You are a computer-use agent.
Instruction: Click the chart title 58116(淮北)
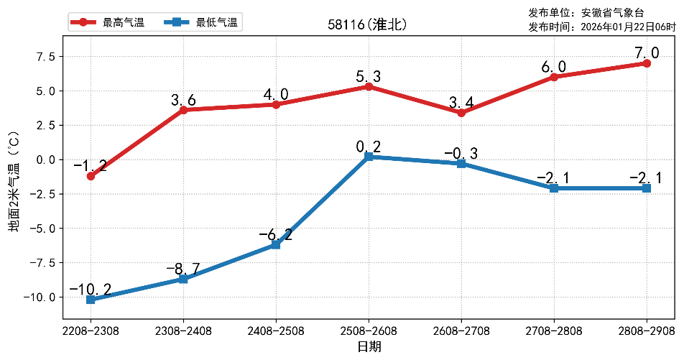pyautogui.click(x=368, y=24)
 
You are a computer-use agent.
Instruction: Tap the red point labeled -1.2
pyautogui.click(x=91, y=176)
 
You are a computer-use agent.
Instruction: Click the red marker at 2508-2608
pyautogui.click(x=369, y=86)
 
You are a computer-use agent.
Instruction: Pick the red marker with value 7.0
pyautogui.click(x=647, y=63)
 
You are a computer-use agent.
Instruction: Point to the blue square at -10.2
pyautogui.click(x=91, y=300)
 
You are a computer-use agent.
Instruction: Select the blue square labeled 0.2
pyautogui.click(x=369, y=157)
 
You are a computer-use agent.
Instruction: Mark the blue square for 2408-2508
pyautogui.click(x=276, y=245)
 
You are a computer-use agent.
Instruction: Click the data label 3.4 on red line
pyautogui.click(x=461, y=97)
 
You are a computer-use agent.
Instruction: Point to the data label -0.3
pyautogui.click(x=461, y=153)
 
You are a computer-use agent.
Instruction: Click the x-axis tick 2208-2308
pyautogui.click(x=91, y=331)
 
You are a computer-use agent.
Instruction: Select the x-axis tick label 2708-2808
pyautogui.click(x=554, y=331)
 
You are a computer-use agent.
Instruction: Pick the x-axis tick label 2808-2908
pyautogui.click(x=647, y=331)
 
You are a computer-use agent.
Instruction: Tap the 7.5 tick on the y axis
pyautogui.click(x=45, y=57)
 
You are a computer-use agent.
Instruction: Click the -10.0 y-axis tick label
pyautogui.click(x=41, y=297)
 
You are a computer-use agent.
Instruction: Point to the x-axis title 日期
pyautogui.click(x=369, y=347)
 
